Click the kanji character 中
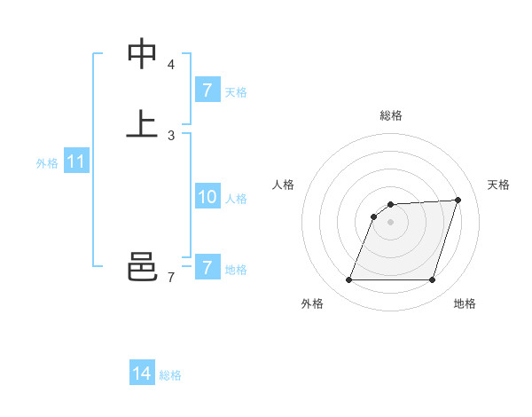pos(142,54)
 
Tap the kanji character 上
pos(142,124)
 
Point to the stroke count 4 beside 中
pos(171,65)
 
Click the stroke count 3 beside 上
pos(171,136)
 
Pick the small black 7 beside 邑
pos(171,278)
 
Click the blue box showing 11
pos(76,162)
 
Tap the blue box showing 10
pos(207,198)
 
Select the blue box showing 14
pos(142,374)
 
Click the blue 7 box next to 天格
pos(207,90)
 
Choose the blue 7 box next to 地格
pos(207,268)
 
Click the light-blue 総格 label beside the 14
pos(170,375)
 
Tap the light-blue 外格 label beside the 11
pos(47,163)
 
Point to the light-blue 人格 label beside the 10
pos(237,199)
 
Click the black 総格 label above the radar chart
pos(391,115)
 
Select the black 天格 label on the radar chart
pos(499,185)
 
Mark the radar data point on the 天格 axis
pos(458,200)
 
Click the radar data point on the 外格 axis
pos(349,280)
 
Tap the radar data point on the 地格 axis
pos(432,280)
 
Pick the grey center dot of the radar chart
pos(391,222)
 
